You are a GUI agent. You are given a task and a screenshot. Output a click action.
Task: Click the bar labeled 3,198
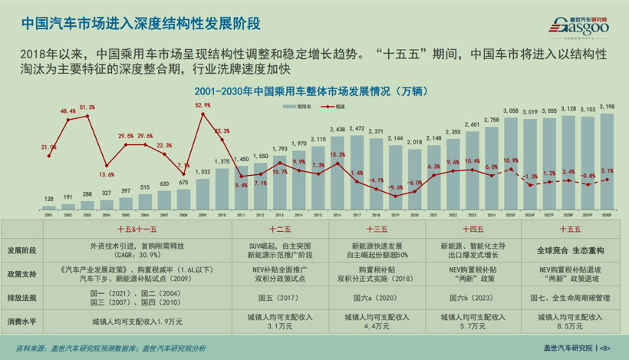(x=607, y=161)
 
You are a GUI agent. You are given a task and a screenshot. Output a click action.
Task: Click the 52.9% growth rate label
(x=203, y=105)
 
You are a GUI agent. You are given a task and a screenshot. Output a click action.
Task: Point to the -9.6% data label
(x=395, y=188)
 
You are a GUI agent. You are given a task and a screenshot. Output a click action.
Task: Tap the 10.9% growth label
(x=511, y=160)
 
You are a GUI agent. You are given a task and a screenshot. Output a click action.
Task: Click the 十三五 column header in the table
(x=376, y=230)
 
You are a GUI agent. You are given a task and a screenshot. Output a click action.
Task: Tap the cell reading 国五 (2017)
(x=279, y=297)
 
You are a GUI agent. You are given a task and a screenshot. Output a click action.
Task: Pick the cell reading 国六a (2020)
(x=376, y=297)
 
